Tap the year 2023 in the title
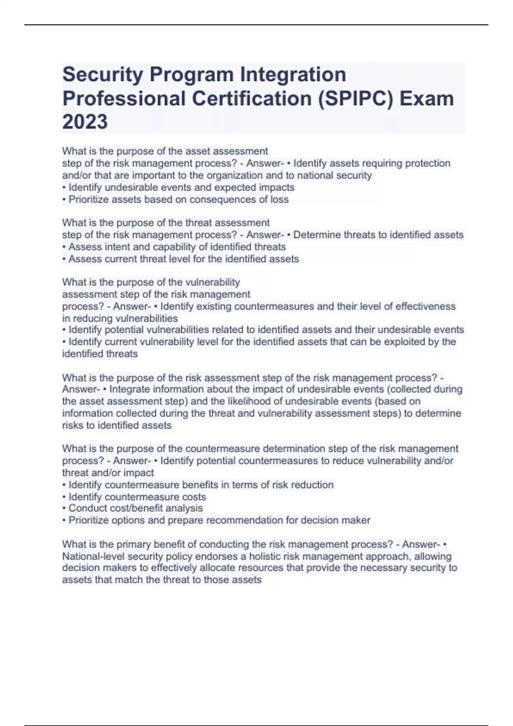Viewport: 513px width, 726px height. (85, 122)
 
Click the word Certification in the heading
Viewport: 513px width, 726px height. (252, 99)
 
